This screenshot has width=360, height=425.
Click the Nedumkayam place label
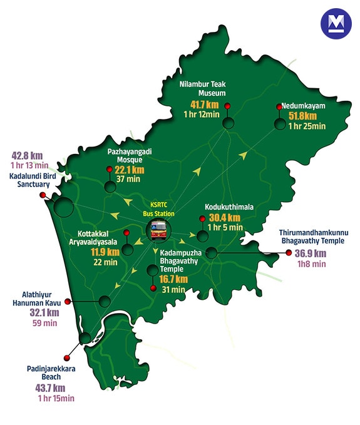pyautogui.click(x=304, y=106)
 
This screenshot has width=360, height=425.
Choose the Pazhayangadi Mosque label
pyautogui.click(x=130, y=156)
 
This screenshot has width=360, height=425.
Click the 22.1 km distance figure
pyautogui.click(x=130, y=170)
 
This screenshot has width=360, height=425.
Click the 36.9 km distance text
pyautogui.click(x=311, y=253)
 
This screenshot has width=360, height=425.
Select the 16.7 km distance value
pyautogui.click(x=172, y=279)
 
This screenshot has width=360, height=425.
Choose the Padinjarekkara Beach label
pyautogui.click(x=52, y=373)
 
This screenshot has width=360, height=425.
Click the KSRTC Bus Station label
pyautogui.click(x=162, y=209)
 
